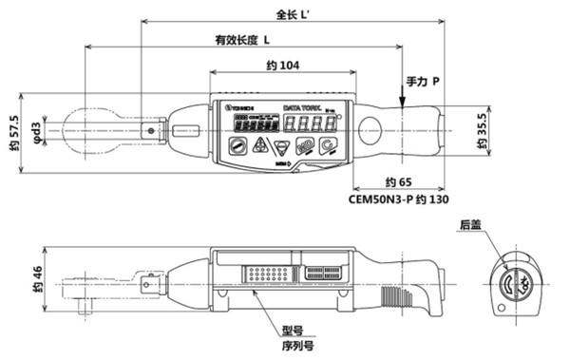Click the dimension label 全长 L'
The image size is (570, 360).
pyautogui.click(x=290, y=14)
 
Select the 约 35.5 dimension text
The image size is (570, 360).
pyautogui.click(x=482, y=131)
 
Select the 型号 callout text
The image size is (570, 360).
pyautogui.click(x=293, y=332)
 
